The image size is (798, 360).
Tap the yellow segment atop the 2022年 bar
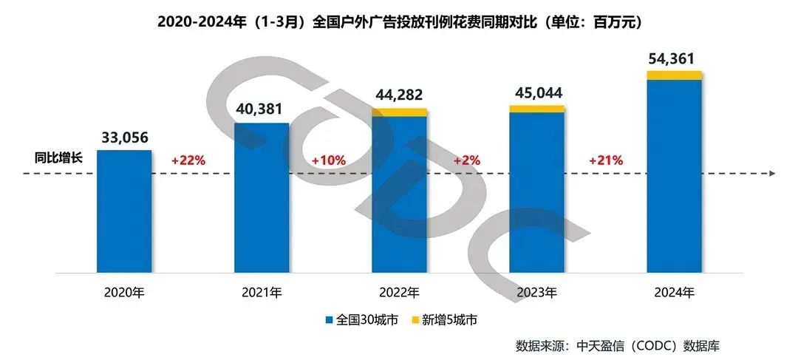[x=400, y=112]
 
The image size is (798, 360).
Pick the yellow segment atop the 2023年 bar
[x=537, y=109]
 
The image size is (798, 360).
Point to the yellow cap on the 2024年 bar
[x=674, y=75]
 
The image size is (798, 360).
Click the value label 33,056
[x=124, y=137]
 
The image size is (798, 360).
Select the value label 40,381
[x=262, y=109]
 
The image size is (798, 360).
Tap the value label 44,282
[x=400, y=95]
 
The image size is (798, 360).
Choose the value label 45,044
[x=537, y=92]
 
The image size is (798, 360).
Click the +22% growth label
[x=188, y=160]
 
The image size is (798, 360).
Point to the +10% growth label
[x=327, y=160]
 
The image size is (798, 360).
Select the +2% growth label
[x=467, y=160]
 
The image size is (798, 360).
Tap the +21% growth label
[x=606, y=160]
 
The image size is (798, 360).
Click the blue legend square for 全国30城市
[x=330, y=320]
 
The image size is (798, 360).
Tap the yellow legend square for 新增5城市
[x=415, y=320]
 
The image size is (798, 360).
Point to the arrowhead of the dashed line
[x=771, y=174]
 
